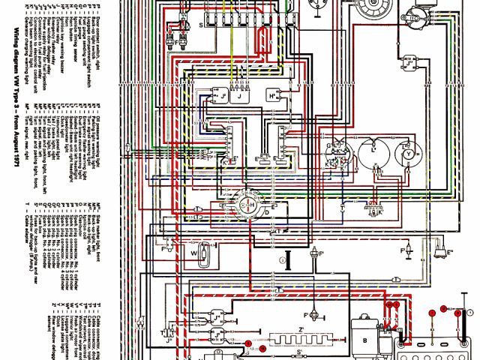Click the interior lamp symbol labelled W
point(200,254)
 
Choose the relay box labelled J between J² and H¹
point(240,97)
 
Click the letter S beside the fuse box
point(201,23)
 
